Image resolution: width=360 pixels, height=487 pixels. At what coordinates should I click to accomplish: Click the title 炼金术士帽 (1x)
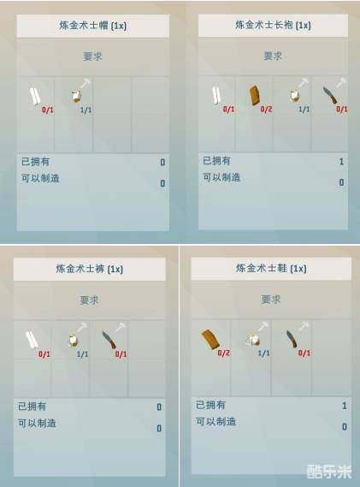pyautogui.click(x=93, y=26)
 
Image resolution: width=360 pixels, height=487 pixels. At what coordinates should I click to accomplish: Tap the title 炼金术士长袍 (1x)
pyautogui.click(x=273, y=25)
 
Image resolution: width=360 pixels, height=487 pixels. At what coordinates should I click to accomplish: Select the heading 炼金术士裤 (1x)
pyautogui.click(x=90, y=269)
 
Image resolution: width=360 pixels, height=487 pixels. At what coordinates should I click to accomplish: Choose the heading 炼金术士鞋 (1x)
pyautogui.click(x=271, y=268)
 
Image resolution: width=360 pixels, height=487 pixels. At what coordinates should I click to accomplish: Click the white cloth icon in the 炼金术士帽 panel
pyautogui.click(x=35, y=96)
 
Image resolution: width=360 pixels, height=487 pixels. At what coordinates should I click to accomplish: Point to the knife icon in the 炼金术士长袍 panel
pyautogui.click(x=331, y=96)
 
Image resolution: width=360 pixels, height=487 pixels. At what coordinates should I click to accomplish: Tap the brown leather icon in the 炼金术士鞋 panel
pyautogui.click(x=210, y=340)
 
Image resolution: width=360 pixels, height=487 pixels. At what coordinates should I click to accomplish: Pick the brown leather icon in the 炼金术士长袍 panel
pyautogui.click(x=255, y=95)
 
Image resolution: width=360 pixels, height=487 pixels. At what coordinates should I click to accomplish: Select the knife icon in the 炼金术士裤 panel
pyautogui.click(x=109, y=340)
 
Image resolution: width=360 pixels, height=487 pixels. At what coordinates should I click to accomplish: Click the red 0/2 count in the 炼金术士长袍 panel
pyautogui.click(x=266, y=109)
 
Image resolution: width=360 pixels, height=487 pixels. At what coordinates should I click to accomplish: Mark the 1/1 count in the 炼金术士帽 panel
pyautogui.click(x=86, y=110)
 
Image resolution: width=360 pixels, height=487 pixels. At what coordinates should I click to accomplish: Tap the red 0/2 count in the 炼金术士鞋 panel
pyautogui.click(x=224, y=353)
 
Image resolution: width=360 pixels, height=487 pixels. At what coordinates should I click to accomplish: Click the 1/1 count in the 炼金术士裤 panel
pyautogui.click(x=83, y=354)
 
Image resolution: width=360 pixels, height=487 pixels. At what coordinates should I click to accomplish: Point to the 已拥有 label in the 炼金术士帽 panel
pyautogui.click(x=35, y=162)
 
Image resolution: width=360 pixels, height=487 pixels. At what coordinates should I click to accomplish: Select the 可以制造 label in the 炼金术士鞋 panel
pyautogui.click(x=216, y=421)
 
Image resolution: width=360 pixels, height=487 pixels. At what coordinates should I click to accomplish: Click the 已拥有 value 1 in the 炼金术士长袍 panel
pyautogui.click(x=341, y=161)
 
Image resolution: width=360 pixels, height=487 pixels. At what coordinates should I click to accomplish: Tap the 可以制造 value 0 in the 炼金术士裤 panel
pyautogui.click(x=159, y=428)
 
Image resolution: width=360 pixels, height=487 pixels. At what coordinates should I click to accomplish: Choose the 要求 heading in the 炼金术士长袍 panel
pyautogui.click(x=273, y=56)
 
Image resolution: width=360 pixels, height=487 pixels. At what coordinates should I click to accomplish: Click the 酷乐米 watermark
pyautogui.click(x=329, y=472)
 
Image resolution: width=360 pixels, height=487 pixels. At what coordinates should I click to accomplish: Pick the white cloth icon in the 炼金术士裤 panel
pyautogui.click(x=32, y=340)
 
